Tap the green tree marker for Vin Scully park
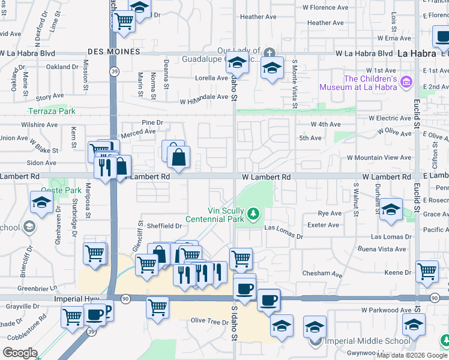click(255, 214)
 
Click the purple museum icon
click(406, 81)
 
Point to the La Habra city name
click(416, 53)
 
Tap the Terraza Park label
click(52, 111)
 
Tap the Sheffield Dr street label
click(161, 226)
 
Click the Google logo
click(20, 353)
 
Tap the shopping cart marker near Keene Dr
click(427, 272)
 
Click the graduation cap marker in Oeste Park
click(42, 203)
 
